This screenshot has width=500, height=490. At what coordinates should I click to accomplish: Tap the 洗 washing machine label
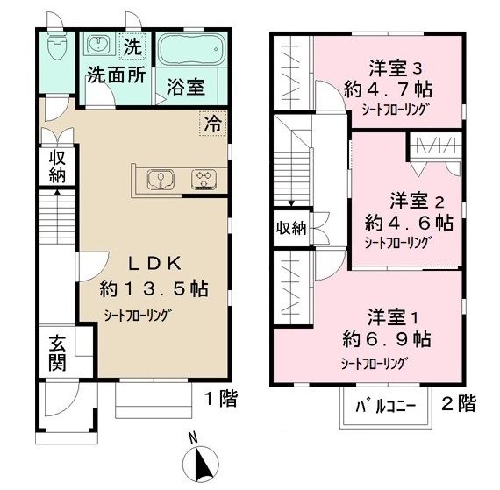131,45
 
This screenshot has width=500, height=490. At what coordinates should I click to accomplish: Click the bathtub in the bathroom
191,53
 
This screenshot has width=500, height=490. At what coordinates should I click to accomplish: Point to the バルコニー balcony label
384,408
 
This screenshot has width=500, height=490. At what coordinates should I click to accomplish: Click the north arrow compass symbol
201,460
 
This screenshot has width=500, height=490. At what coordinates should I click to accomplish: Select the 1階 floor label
220,401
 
